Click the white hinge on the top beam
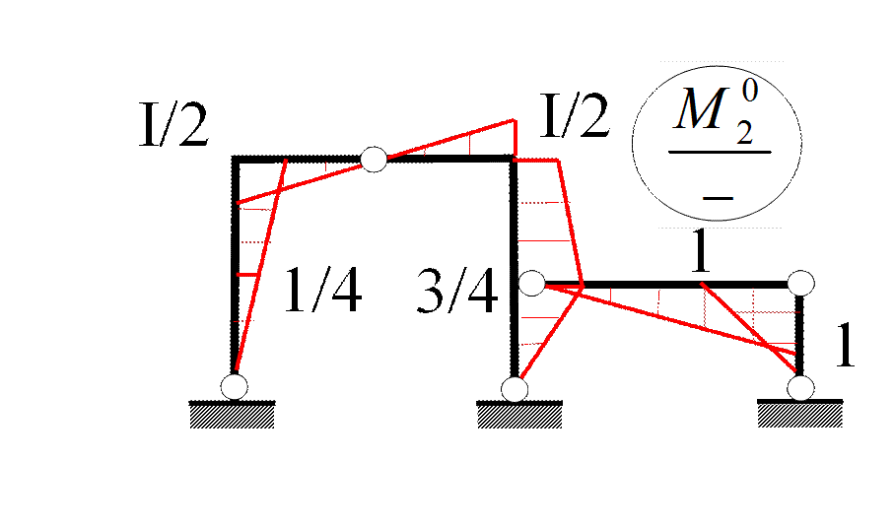coord(374,159)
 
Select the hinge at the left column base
coord(234,385)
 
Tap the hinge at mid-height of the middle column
coord(531,285)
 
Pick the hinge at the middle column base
coord(515,389)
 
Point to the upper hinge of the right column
coord(800,284)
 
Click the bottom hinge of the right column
coord(800,387)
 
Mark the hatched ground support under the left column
coord(232,417)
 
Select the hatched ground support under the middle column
coord(519,417)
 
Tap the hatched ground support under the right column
coord(799,416)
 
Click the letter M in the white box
coord(701,112)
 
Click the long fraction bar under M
coord(719,153)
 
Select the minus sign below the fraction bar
coord(719,198)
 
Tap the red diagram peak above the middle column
coord(515,120)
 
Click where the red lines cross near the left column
coord(281,190)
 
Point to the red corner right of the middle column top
coord(558,160)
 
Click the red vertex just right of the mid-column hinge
coord(582,287)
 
